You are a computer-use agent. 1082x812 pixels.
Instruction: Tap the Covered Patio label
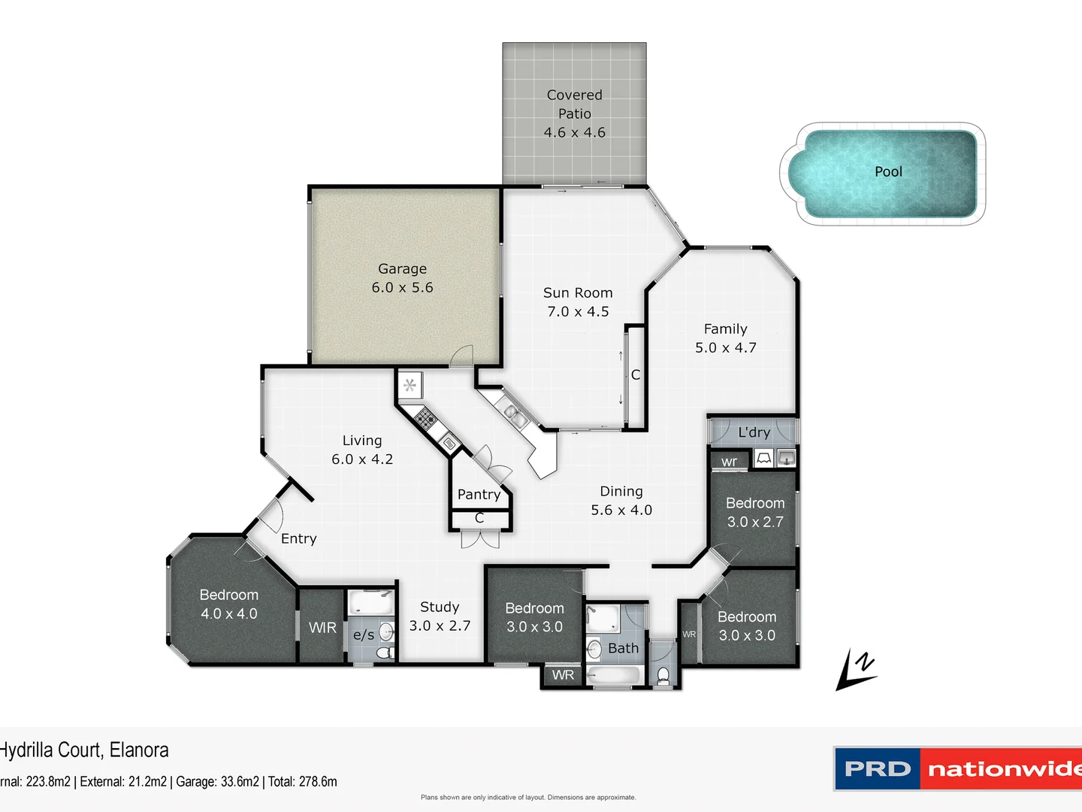coord(574,104)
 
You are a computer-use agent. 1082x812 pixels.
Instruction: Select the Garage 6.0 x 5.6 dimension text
coord(402,287)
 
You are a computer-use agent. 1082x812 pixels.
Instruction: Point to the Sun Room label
coord(577,292)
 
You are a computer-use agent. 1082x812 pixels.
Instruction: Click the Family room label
coord(725,329)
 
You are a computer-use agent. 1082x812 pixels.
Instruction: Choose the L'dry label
coord(754,432)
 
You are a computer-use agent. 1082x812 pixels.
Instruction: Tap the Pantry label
coord(479,494)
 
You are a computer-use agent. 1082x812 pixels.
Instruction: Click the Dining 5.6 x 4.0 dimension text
coord(621,510)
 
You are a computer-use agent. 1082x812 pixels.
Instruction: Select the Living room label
coord(361,441)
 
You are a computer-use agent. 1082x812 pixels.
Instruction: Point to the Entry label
coord(298,538)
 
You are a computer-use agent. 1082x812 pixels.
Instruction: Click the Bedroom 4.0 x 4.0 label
coord(228,604)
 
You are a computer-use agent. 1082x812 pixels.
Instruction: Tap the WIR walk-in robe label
coord(322,627)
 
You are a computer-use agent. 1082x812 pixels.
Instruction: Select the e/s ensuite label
coord(364,635)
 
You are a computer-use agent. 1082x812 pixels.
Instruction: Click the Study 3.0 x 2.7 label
coord(440,616)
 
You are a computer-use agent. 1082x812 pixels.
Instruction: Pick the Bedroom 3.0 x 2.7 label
coord(754,512)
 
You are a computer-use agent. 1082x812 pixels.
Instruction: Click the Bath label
coord(623,648)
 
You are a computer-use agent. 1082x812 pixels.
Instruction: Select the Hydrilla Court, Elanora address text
coord(84,750)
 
